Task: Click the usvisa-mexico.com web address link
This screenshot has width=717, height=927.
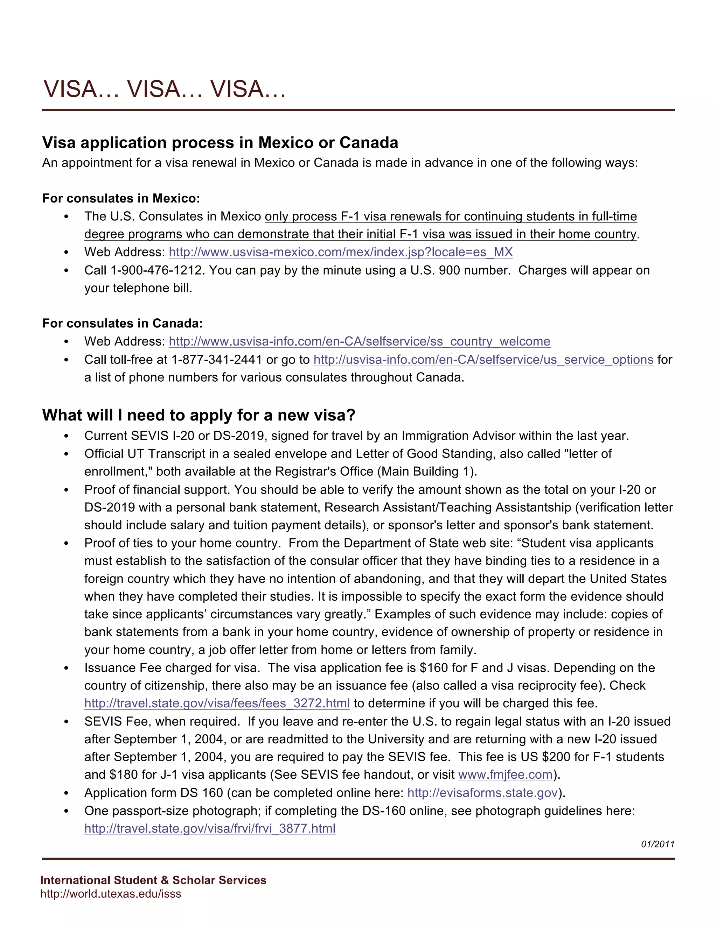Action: click(341, 252)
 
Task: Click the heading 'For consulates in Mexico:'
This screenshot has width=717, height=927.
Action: click(121, 198)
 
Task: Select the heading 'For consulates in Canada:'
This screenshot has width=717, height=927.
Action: click(122, 324)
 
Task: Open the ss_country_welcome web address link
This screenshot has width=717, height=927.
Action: click(359, 341)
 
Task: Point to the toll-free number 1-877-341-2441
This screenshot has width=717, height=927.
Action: click(217, 360)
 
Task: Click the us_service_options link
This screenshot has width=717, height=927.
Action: click(483, 360)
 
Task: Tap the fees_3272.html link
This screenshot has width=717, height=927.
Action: click(217, 703)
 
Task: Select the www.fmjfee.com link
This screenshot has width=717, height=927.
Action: click(505, 774)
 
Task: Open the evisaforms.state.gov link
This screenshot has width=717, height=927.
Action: click(482, 793)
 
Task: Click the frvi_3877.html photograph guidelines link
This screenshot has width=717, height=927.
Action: click(210, 828)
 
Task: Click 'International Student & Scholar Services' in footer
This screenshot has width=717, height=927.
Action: click(153, 880)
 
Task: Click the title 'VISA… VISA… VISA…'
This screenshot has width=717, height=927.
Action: click(165, 89)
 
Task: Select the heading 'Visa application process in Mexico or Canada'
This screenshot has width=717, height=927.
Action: click(220, 143)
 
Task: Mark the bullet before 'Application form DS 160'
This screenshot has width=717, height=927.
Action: click(66, 793)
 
